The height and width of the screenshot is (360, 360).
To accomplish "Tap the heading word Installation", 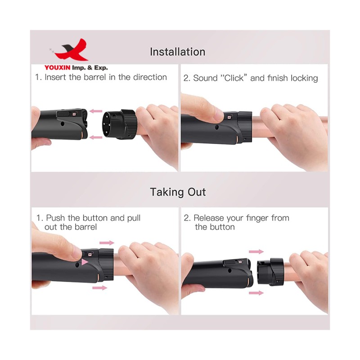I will coord(177,52).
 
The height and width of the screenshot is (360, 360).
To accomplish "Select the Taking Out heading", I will coord(178,192).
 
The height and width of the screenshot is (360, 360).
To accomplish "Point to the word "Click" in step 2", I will coord(232,78).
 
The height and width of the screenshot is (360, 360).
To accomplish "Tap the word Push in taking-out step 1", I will coord(56,218).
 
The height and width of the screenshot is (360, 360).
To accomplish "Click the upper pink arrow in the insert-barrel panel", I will coord(95,111).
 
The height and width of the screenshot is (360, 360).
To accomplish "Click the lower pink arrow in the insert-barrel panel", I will coord(95,137).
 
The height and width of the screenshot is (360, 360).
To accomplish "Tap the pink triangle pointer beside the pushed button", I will coord(85,261).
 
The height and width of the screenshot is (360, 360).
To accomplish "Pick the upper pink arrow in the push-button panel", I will coord(107,243).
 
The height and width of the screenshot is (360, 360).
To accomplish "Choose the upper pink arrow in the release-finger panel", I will coord(256,252).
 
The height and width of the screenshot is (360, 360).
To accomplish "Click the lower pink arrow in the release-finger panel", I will coord(256,293).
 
